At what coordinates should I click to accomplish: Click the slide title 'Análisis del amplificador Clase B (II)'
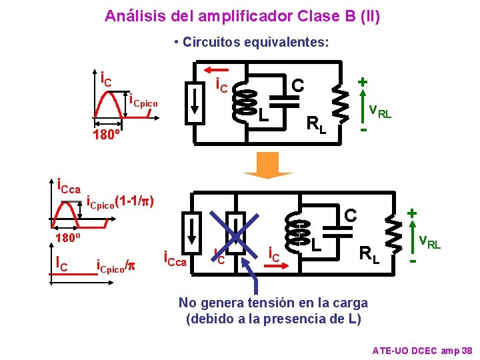point(243,15)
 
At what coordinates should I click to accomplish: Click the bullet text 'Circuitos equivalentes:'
point(251,43)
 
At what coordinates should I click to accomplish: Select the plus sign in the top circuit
point(363,81)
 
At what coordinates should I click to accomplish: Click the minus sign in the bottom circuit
point(413,261)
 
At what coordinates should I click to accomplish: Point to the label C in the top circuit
point(299,85)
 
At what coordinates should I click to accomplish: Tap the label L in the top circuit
point(264,115)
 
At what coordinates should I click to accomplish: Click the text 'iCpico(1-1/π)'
point(121,201)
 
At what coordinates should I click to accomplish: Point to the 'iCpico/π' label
point(117,266)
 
